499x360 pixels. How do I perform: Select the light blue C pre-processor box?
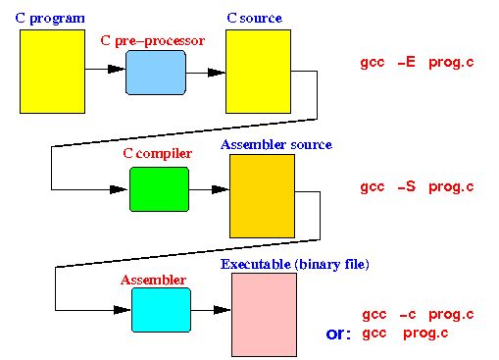[x=155, y=72]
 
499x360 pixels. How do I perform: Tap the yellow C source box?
[x=259, y=72]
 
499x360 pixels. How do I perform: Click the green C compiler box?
[x=159, y=189]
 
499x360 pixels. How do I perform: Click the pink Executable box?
[x=264, y=314]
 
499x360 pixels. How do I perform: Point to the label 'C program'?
[x=50, y=19]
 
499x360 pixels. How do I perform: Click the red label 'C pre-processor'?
[x=152, y=40]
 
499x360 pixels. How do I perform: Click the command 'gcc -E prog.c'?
[x=418, y=62]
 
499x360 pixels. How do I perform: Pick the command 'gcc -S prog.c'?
[x=418, y=186]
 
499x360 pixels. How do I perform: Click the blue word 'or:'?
[x=339, y=334]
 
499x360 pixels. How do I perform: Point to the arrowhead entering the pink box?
[x=223, y=309]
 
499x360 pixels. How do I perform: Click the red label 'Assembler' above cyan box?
[x=153, y=280]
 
